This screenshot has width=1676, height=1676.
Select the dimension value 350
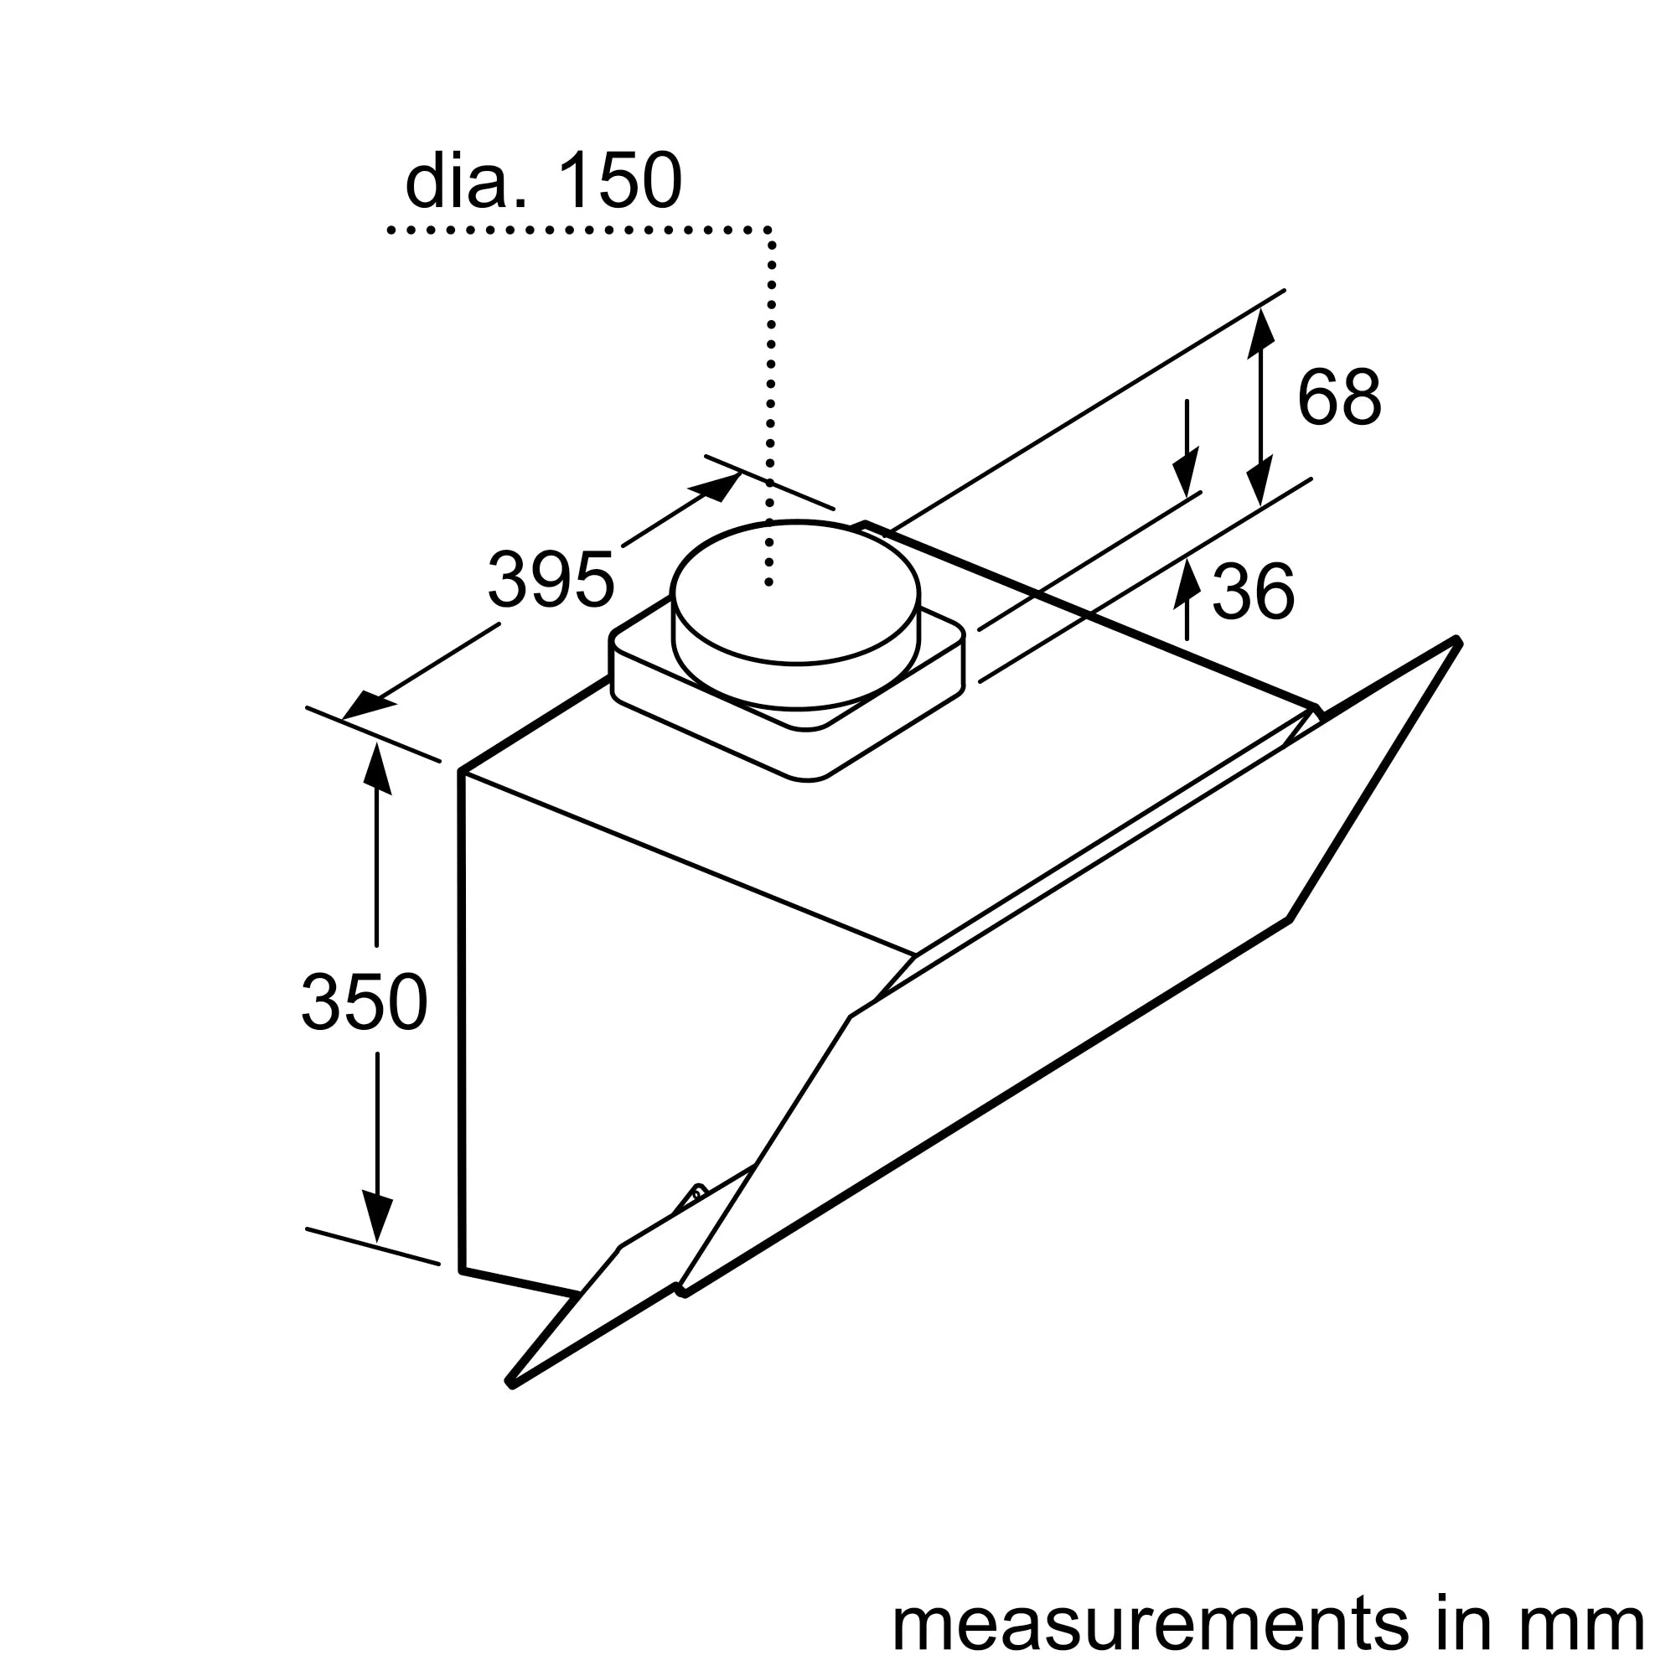click(x=365, y=1002)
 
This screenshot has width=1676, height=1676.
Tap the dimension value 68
click(x=1338, y=397)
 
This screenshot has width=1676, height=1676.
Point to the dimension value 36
click(x=1253, y=592)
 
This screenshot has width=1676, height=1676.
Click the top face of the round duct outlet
click(x=794, y=592)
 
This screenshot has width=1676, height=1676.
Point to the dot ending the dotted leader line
click(x=768, y=583)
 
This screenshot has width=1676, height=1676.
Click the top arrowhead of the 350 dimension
click(x=375, y=768)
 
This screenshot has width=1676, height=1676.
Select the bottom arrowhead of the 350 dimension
click(x=376, y=1214)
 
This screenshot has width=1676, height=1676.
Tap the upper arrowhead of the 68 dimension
click(x=1260, y=334)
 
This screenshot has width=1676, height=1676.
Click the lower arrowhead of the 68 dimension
click(x=1259, y=479)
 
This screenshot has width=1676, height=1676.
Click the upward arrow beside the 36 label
click(x=1187, y=599)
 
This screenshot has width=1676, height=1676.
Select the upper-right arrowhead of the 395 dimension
click(x=716, y=488)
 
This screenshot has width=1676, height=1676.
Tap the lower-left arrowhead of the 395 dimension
click(x=369, y=706)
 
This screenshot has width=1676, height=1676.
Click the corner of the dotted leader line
click(x=769, y=230)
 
